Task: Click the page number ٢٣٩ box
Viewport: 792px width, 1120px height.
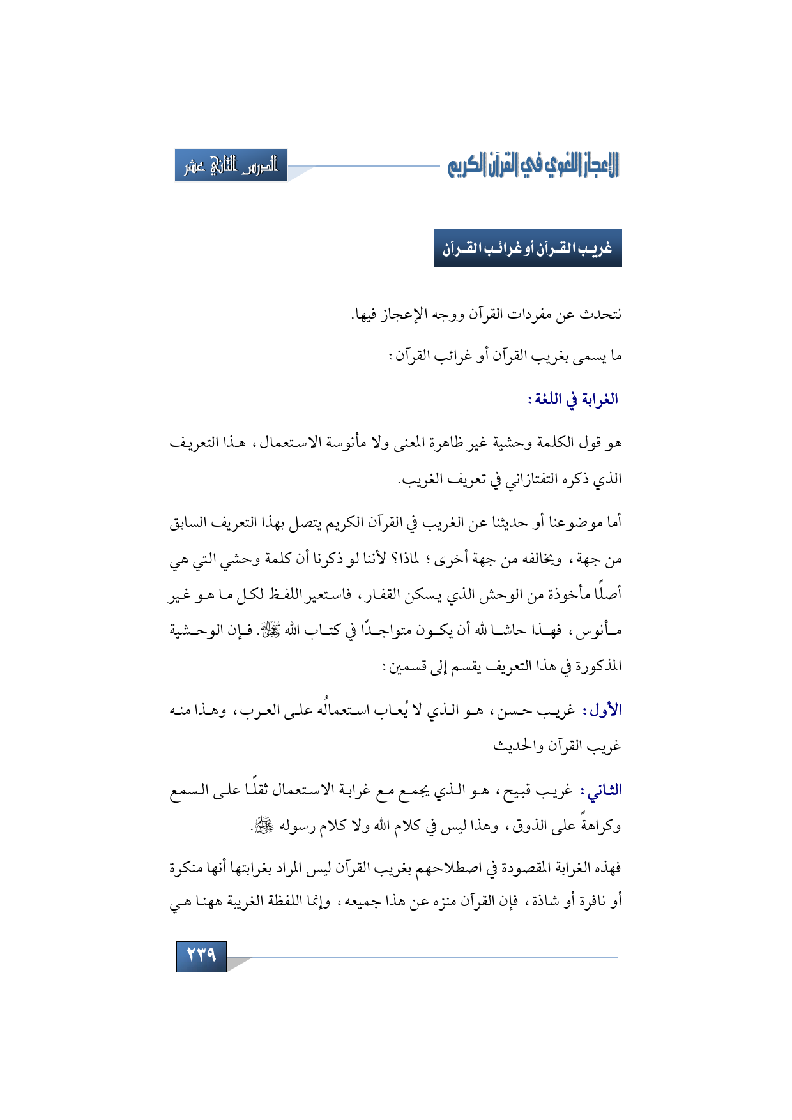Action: tap(201, 956)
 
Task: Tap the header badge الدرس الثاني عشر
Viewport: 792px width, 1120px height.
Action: tap(231, 166)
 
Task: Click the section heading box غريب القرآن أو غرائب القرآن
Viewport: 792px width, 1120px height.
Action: tap(528, 248)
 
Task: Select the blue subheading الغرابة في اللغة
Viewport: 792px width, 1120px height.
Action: tap(573, 400)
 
